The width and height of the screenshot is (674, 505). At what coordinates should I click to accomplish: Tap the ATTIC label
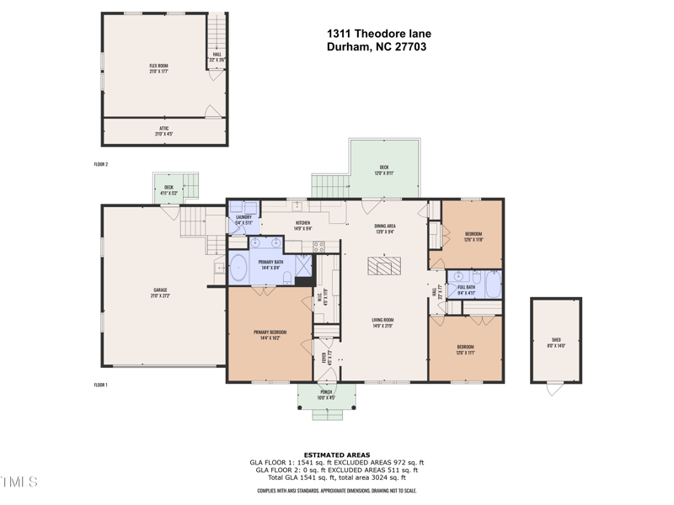click(x=164, y=130)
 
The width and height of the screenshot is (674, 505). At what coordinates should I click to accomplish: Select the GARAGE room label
click(x=160, y=291)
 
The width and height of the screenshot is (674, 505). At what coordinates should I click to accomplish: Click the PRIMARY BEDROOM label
click(x=270, y=334)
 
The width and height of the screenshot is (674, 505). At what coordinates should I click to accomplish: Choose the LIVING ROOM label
click(x=383, y=322)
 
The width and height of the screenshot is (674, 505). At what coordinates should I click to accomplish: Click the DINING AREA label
click(x=385, y=228)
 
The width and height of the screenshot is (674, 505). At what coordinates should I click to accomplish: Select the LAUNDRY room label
click(x=244, y=219)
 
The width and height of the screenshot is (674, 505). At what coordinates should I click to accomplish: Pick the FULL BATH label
click(x=466, y=289)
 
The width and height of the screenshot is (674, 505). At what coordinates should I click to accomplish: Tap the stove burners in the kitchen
click(x=319, y=247)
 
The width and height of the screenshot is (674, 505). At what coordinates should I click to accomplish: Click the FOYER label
click(x=324, y=359)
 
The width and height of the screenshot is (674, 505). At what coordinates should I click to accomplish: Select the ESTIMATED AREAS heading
click(x=337, y=455)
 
